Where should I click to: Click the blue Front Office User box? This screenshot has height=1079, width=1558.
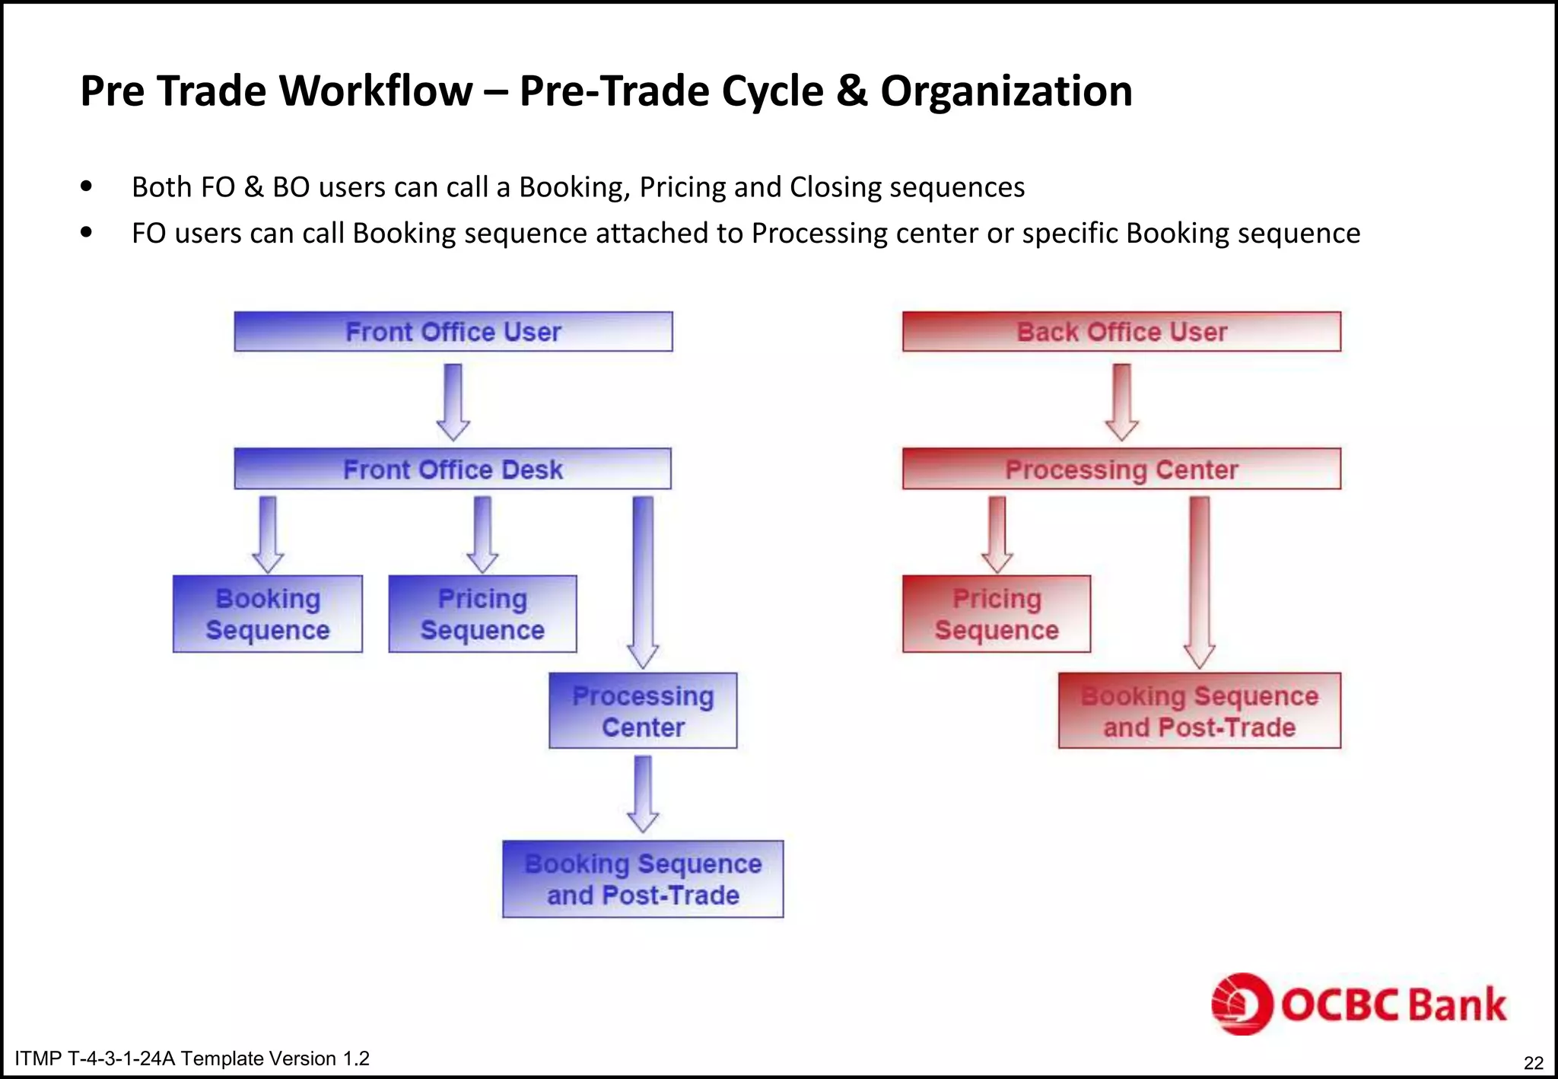pos(453,332)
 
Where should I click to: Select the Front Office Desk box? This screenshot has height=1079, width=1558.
pos(453,469)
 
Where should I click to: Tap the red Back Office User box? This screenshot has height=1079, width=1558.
pos(1121,332)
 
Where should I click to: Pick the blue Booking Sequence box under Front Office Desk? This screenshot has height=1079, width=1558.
pos(268,614)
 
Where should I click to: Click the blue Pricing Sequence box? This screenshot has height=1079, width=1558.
pos(482,614)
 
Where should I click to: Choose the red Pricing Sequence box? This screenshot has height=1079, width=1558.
pos(997,614)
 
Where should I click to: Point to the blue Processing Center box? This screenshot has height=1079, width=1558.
pos(643,711)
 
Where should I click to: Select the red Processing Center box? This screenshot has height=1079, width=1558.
pos(1121,469)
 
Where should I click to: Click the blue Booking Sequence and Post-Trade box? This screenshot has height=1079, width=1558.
pos(643,879)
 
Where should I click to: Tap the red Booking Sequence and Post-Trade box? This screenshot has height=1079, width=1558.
pos(1199,711)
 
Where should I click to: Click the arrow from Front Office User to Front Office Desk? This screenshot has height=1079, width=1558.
pos(453,401)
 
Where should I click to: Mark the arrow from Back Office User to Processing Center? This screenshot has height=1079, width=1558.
pos(1121,401)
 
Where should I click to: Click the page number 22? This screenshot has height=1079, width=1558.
pos(1534,1063)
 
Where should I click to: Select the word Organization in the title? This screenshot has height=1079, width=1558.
pos(1006,91)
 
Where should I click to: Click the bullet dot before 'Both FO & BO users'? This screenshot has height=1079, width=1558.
pos(87,186)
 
